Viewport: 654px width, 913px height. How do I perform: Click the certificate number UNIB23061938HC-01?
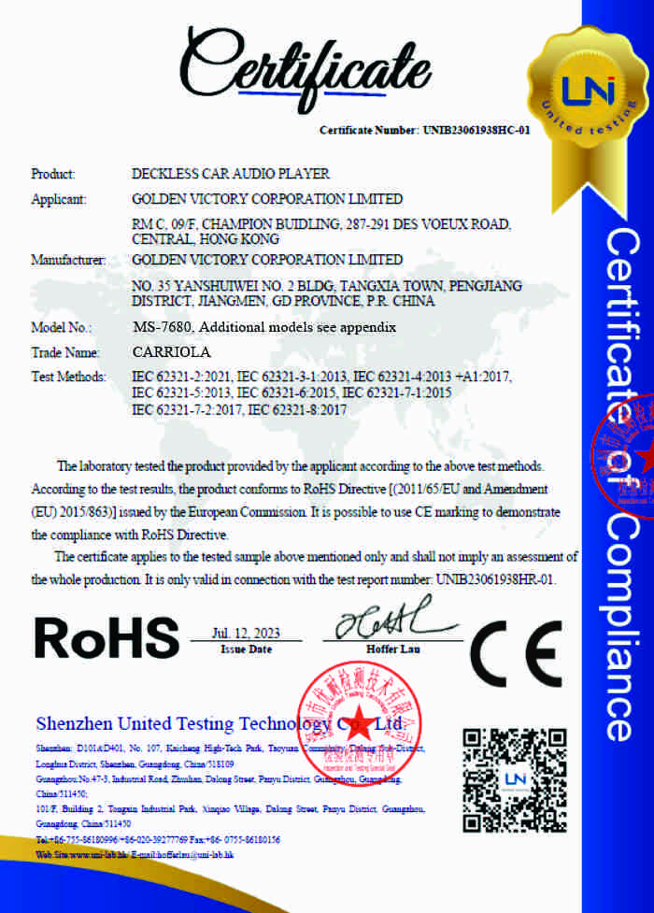tap(476, 130)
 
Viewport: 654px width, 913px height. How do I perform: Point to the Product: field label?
tap(53, 174)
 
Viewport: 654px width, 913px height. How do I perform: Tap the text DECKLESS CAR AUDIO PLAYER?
tap(231, 174)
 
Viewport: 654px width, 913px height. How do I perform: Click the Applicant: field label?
tap(59, 199)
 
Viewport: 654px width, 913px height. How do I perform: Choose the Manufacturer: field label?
tap(67, 259)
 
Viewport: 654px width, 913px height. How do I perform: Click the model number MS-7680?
tap(163, 328)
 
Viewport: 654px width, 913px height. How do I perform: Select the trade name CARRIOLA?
tap(173, 352)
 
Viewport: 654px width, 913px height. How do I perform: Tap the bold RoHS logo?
tap(106, 638)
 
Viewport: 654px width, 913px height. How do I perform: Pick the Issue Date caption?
tap(247, 649)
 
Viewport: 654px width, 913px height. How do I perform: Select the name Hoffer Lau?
tap(386, 649)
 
